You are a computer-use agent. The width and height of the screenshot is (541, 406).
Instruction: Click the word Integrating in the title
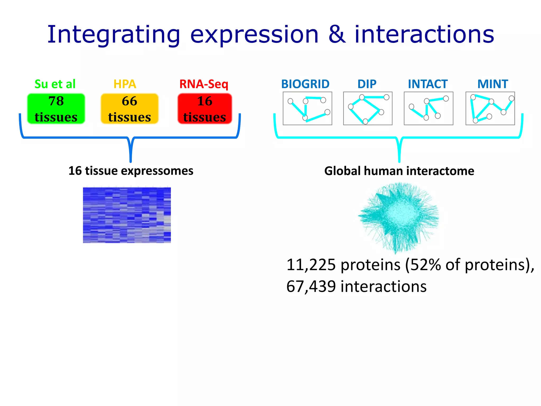(x=114, y=35)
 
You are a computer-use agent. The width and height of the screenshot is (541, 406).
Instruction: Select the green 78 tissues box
(x=56, y=109)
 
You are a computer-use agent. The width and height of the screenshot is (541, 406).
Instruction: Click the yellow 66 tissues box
(x=129, y=109)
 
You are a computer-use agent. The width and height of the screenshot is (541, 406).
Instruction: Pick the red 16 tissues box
(x=205, y=109)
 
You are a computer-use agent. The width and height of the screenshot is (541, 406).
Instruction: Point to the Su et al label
(x=55, y=84)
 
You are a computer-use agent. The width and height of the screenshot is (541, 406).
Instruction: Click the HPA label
(x=125, y=84)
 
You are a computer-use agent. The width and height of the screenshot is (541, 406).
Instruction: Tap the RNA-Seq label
(x=204, y=84)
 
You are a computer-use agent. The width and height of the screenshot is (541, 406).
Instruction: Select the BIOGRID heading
(x=305, y=84)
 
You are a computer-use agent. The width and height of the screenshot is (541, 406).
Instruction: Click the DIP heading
(x=367, y=84)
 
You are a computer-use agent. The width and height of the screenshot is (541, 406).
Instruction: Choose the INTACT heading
(x=427, y=84)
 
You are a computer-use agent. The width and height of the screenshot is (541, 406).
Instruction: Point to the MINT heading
(x=493, y=84)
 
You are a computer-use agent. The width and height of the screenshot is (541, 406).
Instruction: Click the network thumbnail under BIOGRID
(x=307, y=108)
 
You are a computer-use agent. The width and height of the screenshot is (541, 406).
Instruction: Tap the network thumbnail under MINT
(x=490, y=108)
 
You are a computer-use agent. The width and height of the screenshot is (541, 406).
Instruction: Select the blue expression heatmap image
(x=127, y=215)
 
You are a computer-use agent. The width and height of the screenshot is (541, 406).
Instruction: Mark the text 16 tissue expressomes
(x=131, y=171)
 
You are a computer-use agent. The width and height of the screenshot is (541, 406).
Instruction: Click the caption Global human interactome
(x=399, y=171)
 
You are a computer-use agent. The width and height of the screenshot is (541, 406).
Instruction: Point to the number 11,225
(x=311, y=265)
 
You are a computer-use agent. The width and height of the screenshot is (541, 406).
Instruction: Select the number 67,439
(x=311, y=286)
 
